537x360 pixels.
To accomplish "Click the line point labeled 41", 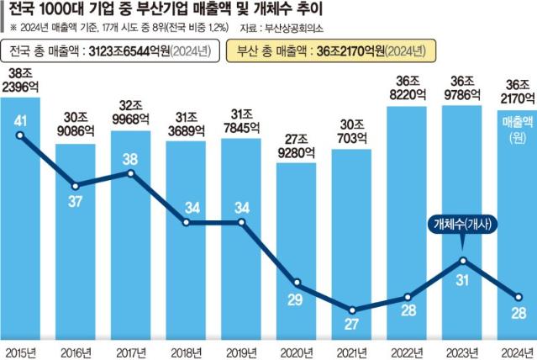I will pos(19,135).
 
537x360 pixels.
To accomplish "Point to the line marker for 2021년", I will pos(352,311).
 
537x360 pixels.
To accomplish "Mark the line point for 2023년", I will pos(463,260).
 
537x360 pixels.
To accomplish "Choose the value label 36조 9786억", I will pos(462,88).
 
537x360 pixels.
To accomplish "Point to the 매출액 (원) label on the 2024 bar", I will pos(517,129).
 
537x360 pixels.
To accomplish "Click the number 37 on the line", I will pos(76,201).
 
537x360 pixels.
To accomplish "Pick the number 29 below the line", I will pos(297,300).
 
